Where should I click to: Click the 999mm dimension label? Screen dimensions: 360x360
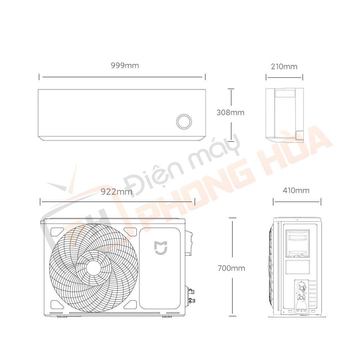125,66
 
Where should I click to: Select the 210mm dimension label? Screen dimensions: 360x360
284,67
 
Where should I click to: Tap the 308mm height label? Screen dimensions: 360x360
230,112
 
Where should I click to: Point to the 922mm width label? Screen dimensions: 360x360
117,192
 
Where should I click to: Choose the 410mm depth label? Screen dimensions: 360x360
296,190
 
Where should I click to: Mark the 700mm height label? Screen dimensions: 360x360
231,268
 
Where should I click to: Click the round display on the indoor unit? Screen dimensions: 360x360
184,121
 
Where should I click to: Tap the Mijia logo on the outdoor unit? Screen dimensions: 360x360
161,248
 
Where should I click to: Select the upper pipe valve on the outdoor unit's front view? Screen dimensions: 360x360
191,291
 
